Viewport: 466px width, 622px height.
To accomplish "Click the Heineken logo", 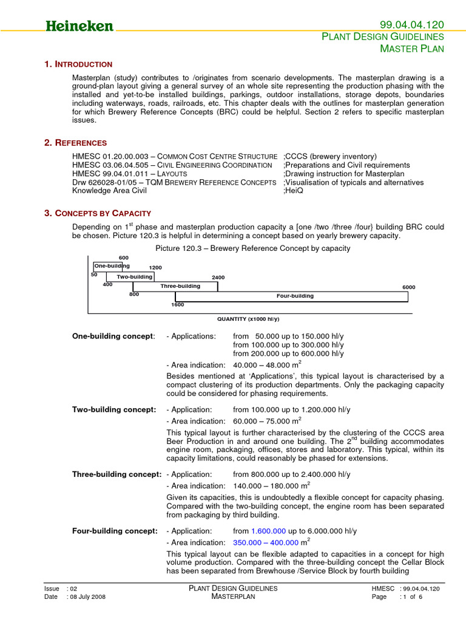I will (79, 26).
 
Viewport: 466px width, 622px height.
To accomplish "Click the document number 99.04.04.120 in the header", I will (411, 24).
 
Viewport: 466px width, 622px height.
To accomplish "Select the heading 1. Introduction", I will (78, 64).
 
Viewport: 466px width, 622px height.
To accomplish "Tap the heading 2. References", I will (76, 143).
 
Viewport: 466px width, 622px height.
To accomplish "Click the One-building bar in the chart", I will (107, 266).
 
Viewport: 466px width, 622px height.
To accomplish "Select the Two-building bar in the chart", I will (135, 276).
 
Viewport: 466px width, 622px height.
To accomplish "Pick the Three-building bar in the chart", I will (180, 286).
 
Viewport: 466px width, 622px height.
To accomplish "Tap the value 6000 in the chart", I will (408, 287).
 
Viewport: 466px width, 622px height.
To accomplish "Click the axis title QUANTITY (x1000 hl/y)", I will (248, 319).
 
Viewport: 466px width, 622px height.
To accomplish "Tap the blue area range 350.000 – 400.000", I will (266, 542).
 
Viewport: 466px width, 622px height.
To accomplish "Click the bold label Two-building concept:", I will (114, 409).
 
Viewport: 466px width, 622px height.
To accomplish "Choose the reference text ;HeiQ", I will (293, 191).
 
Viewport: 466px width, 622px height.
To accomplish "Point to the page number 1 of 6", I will (411, 596).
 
